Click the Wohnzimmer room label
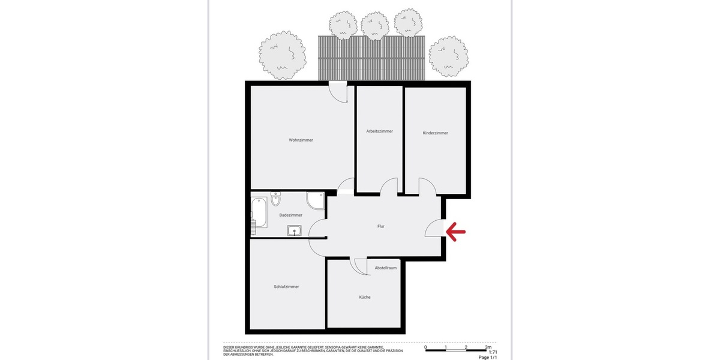point(301,140)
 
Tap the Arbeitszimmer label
point(379,131)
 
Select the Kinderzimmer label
point(435,133)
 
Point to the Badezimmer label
point(291,215)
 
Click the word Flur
point(380,226)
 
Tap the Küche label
point(365,297)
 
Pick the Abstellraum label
point(386,268)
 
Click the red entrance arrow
point(455,230)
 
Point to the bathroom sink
point(295,230)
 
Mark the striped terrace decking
point(371,58)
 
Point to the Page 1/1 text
point(488,358)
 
